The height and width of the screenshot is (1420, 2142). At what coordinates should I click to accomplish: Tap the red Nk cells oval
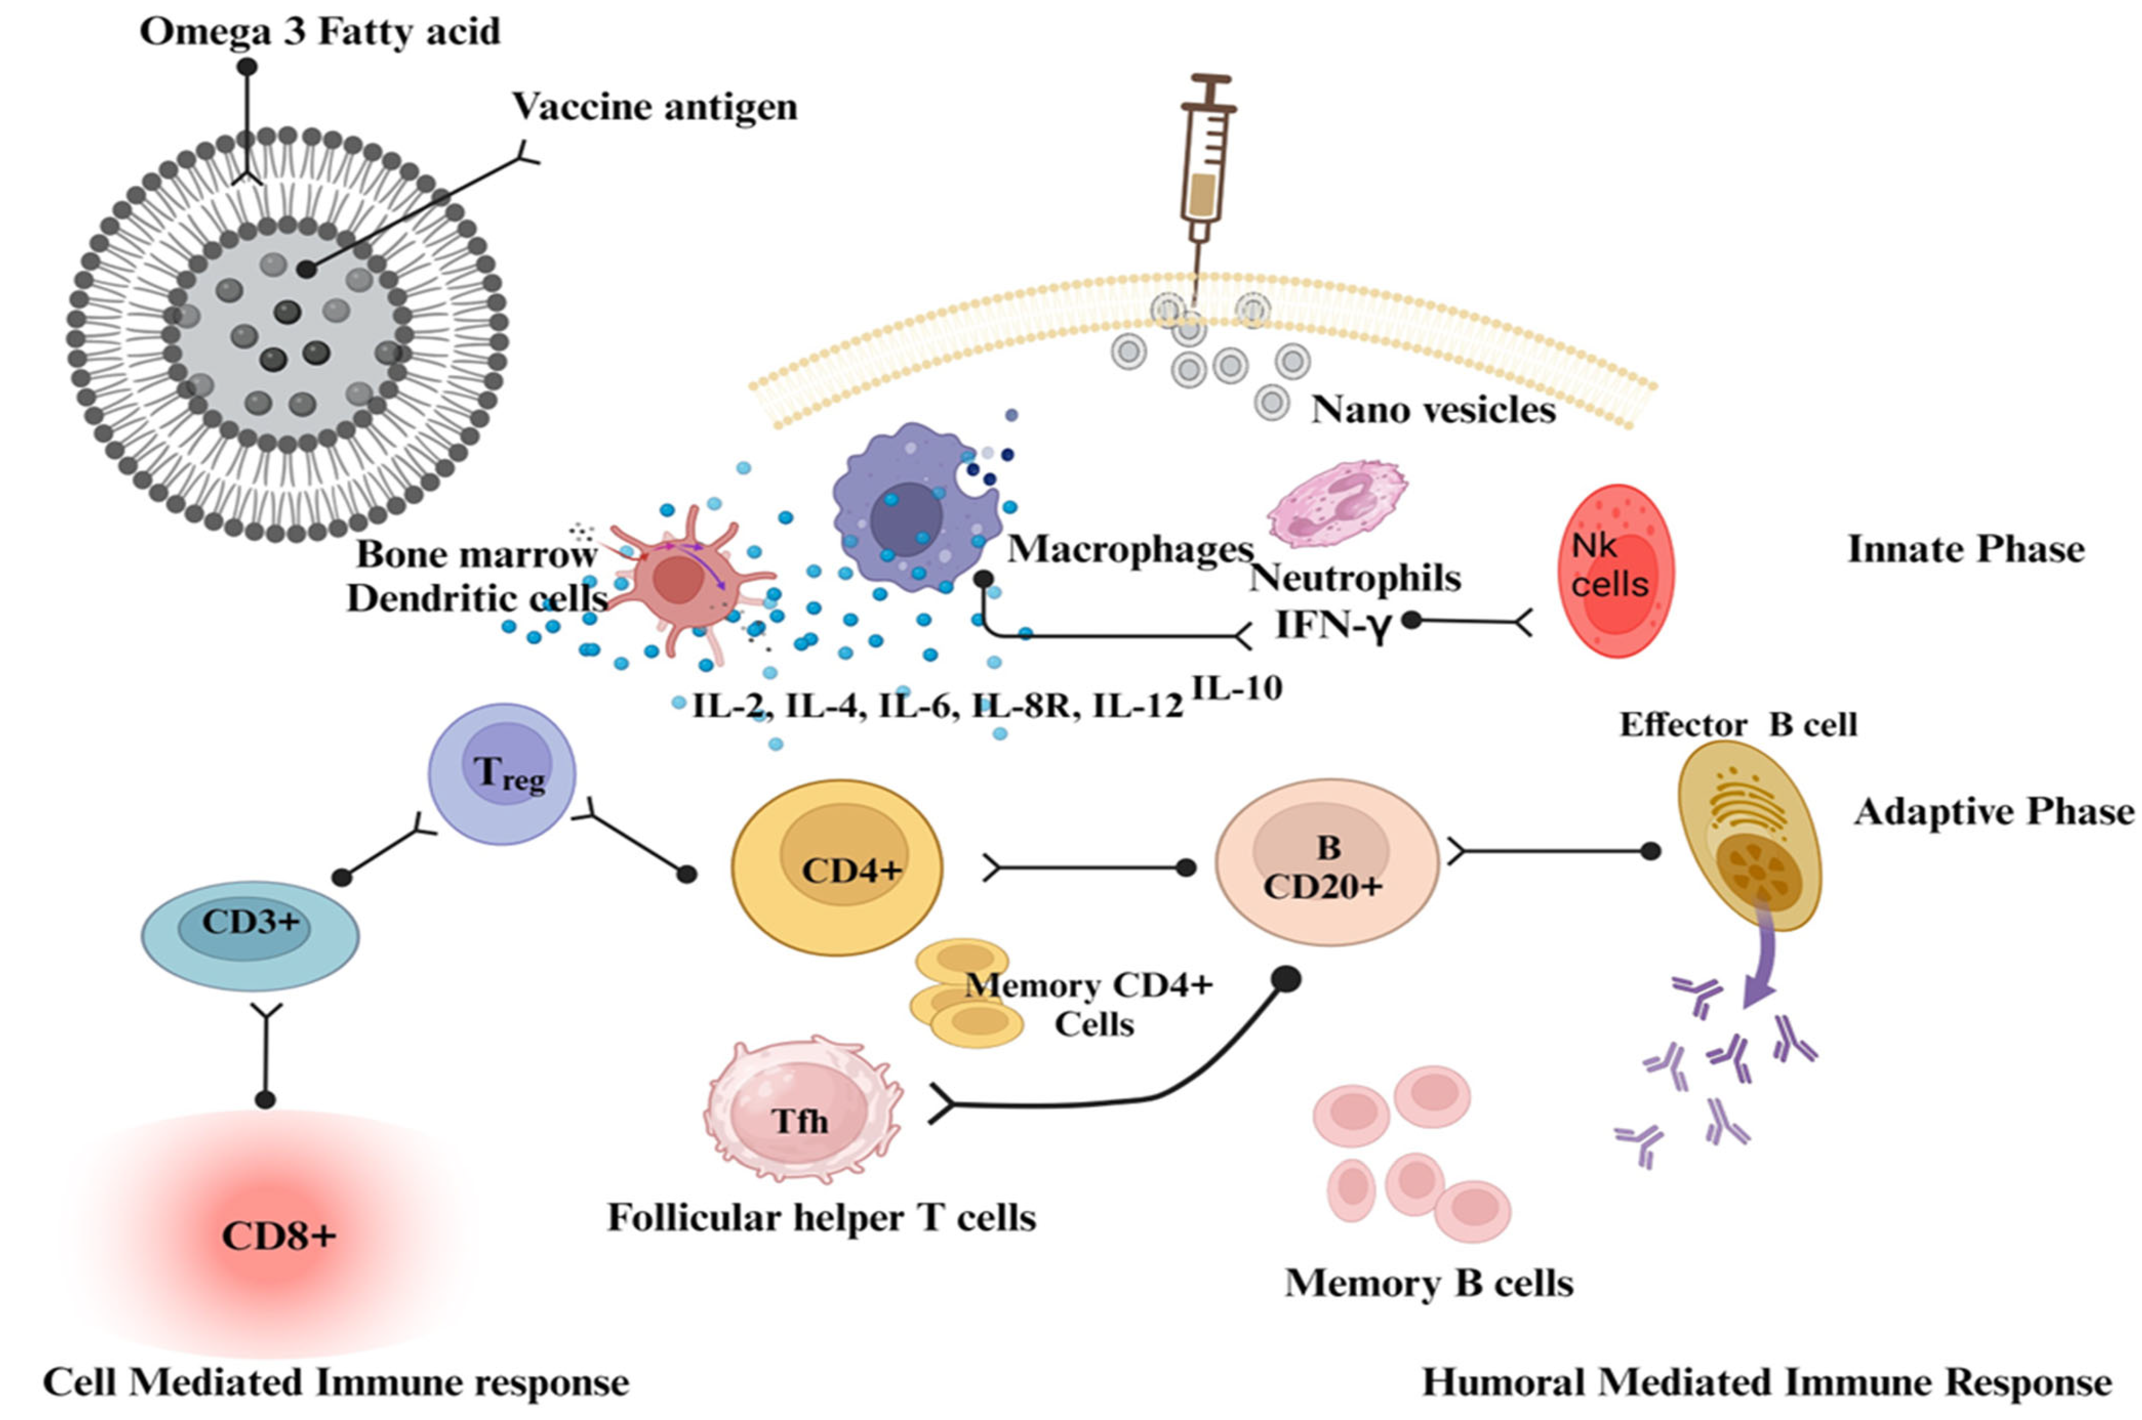(x=1615, y=570)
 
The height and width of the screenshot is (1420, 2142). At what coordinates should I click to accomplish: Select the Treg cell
(x=502, y=775)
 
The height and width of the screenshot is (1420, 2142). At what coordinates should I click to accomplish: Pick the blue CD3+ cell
(x=250, y=935)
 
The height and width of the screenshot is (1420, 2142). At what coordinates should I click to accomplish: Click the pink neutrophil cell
(x=1335, y=503)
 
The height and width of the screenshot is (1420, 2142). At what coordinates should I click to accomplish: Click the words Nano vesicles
(x=1433, y=410)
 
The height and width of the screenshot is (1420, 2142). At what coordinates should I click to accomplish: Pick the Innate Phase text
(x=1965, y=549)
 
